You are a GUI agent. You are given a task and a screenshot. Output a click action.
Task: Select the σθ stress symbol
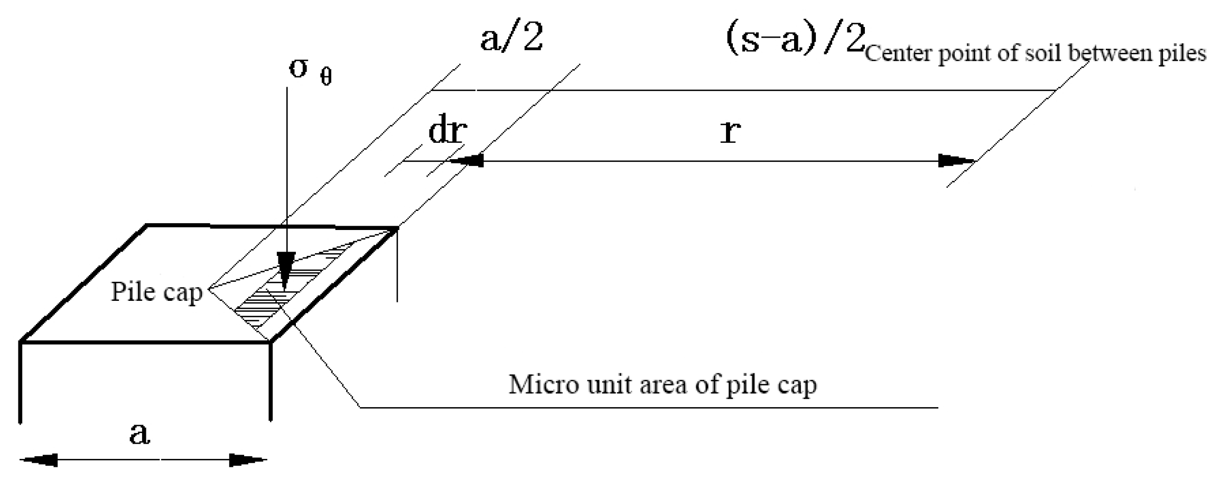coord(309,71)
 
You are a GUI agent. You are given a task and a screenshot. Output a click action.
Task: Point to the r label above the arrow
coord(730,132)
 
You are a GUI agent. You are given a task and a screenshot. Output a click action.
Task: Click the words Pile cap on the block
coord(156,292)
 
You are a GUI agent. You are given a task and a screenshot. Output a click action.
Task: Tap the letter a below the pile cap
coord(139,435)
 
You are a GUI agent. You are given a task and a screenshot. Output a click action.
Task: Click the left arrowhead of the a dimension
coord(40,460)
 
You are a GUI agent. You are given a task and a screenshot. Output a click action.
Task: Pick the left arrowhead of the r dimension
coord(468,161)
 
